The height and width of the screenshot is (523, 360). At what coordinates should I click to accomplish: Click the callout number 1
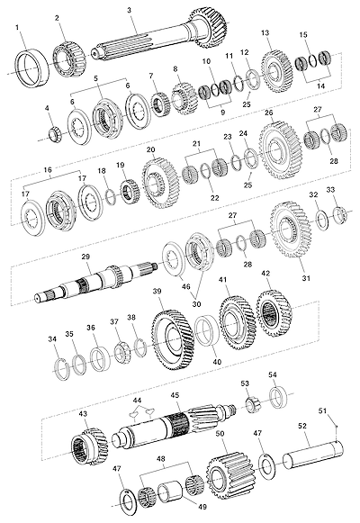point(18,27)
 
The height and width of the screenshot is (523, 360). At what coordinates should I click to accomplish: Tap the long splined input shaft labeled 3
point(159,36)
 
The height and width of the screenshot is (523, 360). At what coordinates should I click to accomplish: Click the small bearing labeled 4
point(54,134)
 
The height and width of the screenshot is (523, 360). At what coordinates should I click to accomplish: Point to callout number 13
point(265,33)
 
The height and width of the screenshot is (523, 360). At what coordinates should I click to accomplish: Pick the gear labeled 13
point(275,71)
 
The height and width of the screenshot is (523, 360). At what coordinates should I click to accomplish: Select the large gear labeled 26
point(280,147)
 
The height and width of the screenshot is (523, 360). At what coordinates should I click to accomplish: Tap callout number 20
point(150,149)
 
